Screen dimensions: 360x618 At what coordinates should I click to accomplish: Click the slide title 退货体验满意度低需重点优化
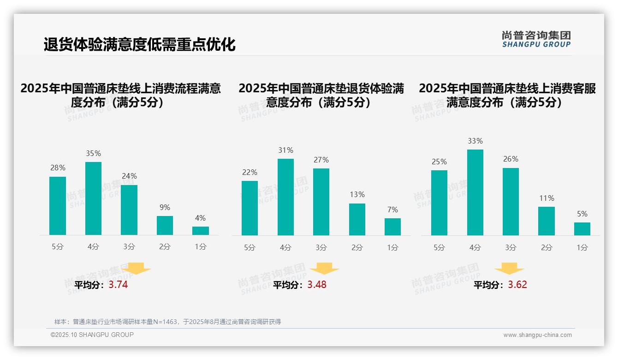140,44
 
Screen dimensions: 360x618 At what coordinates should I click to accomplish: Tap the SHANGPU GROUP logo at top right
536,39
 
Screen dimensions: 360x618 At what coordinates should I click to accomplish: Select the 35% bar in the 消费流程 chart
94,198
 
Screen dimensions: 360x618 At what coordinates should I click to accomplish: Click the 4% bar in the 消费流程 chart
201,231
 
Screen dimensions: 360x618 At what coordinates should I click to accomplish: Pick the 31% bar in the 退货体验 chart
285,197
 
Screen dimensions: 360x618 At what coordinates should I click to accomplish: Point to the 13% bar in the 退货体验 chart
357,219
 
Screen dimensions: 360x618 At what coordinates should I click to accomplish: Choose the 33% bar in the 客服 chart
475,192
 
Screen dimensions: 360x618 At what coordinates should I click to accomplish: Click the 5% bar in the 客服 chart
582,229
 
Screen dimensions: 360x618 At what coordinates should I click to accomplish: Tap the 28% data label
58,168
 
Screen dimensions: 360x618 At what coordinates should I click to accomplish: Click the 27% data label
321,160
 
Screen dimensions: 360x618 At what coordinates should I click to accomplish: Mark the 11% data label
547,198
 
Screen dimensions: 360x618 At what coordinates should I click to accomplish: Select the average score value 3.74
118,285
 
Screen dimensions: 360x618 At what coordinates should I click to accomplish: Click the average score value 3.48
317,285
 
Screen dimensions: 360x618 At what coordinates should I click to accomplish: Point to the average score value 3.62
517,285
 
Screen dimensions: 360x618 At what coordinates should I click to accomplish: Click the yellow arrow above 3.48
324,269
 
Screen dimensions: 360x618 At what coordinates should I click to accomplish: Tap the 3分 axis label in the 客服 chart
511,248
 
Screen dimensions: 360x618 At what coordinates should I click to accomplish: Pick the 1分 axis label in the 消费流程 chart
201,247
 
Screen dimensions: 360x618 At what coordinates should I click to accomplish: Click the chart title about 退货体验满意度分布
321,95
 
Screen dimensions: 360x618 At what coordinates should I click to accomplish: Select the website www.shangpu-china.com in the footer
537,335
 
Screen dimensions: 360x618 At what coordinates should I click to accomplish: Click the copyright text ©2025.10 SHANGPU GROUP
92,335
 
